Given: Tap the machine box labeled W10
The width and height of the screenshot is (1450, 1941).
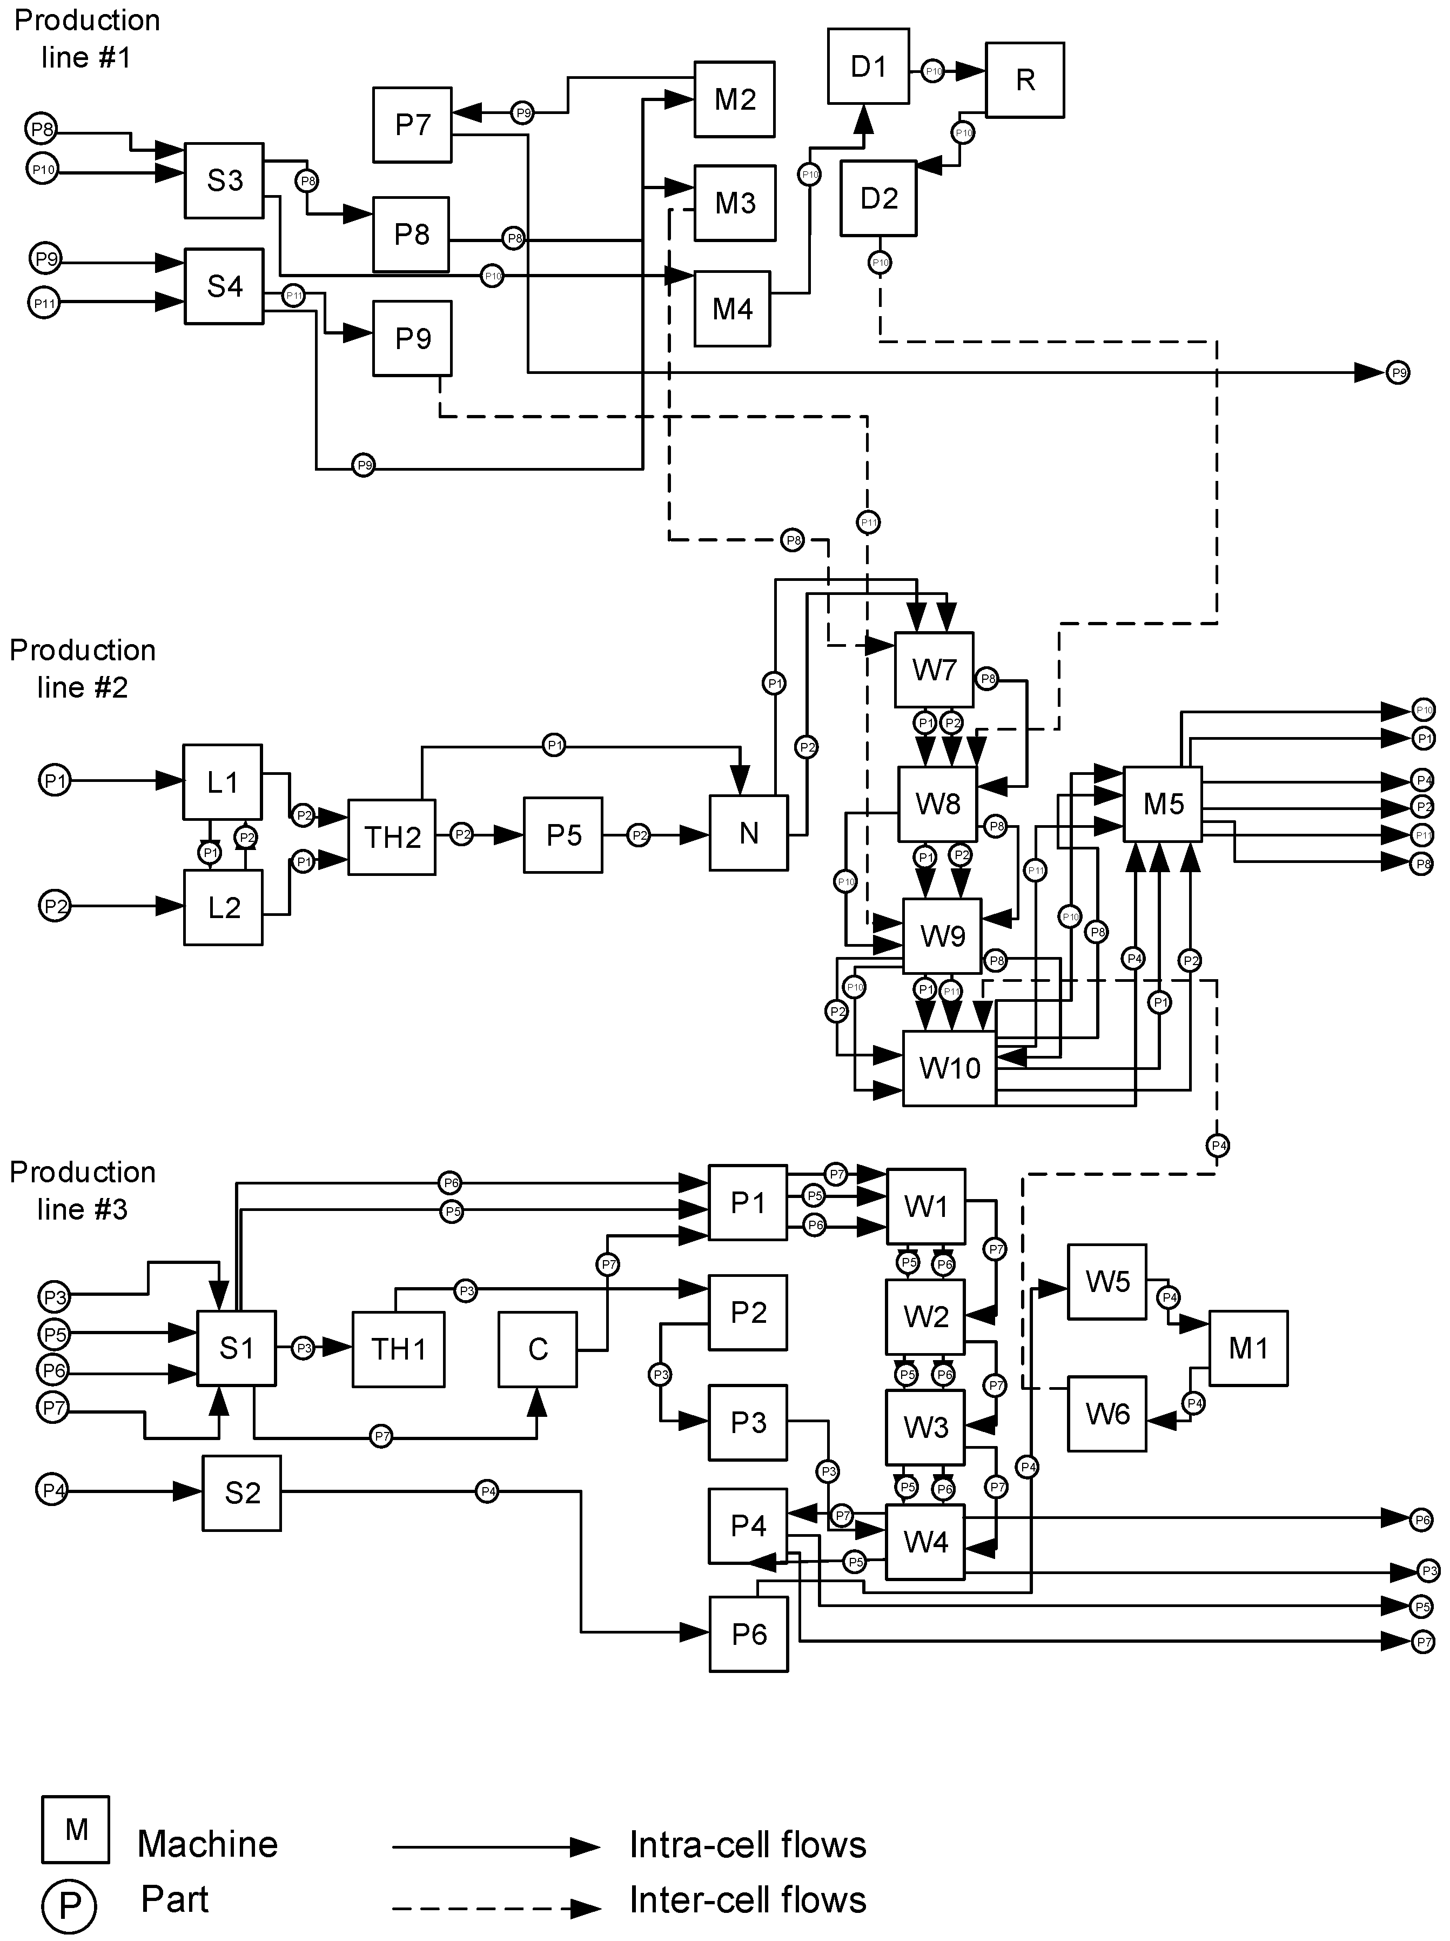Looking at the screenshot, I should (949, 1068).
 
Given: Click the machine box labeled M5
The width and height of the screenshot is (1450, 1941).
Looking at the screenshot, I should (1163, 804).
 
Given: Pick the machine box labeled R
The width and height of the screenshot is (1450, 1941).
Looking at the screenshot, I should (1024, 80).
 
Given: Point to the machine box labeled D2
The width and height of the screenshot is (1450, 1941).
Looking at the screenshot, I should (878, 198).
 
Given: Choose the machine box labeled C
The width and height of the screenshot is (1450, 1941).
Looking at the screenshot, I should (538, 1349).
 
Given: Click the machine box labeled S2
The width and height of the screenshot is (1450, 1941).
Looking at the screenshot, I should (242, 1492).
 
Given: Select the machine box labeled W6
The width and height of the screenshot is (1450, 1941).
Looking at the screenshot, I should (1107, 1414).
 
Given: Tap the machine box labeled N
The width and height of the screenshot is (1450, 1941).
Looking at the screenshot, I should (748, 833).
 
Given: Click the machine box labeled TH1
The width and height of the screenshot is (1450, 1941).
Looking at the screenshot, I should (398, 1349).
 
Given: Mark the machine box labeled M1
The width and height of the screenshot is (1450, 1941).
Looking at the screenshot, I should (1248, 1348).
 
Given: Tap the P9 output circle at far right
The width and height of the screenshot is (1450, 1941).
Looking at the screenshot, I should (1398, 373).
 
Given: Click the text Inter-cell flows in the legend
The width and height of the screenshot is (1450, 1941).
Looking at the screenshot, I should (747, 1900).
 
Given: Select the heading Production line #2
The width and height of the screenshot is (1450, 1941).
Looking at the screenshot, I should (83, 668).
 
